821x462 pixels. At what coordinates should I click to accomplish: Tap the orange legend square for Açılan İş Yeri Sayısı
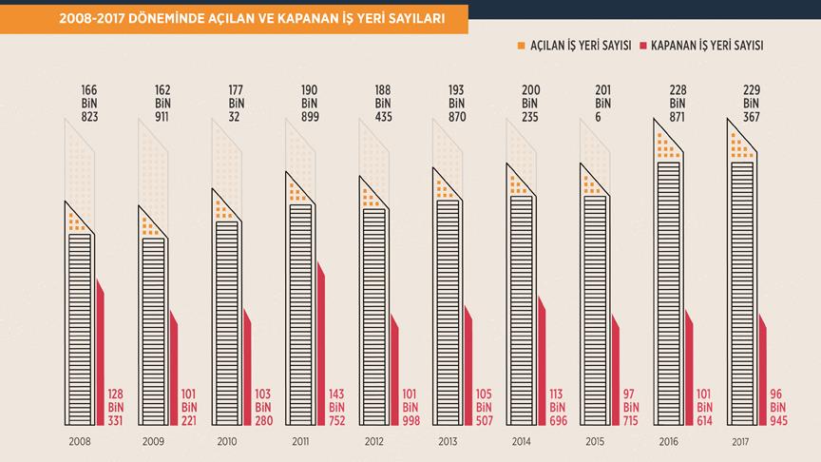point(520,46)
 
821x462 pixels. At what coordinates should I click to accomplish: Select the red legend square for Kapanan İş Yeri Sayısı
point(643,46)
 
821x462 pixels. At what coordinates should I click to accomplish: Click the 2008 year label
point(80,442)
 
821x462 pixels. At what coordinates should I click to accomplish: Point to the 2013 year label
point(449,442)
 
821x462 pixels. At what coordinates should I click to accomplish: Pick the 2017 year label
point(743,442)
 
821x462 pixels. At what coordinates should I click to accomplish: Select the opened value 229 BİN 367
point(751,103)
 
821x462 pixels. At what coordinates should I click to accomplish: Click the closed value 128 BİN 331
point(115,408)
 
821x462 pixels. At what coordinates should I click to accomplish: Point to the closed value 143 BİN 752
point(335,408)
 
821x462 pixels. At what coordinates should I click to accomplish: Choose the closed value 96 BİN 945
point(777,408)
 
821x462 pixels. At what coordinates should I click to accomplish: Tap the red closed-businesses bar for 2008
point(100,342)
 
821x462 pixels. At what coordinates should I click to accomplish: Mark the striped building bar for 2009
point(153,333)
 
